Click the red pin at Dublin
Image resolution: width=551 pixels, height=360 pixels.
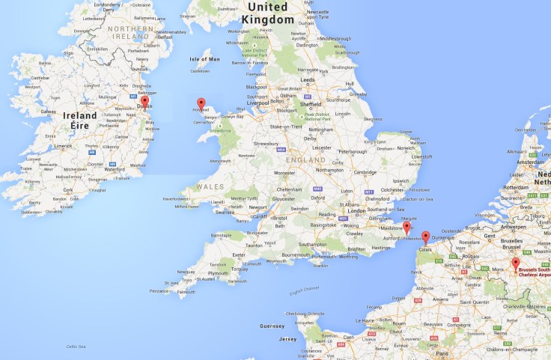145,102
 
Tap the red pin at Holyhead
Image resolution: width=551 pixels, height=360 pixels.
201,103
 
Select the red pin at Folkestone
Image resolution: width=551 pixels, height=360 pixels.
407,227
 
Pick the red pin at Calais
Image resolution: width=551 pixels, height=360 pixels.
425,237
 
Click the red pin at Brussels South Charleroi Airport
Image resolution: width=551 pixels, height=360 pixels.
515,263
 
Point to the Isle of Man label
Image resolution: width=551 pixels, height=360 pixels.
205,59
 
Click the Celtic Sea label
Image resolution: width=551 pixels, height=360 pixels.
76,346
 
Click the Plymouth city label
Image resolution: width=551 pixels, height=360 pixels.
218,274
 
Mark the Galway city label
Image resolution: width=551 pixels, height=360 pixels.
49,112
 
